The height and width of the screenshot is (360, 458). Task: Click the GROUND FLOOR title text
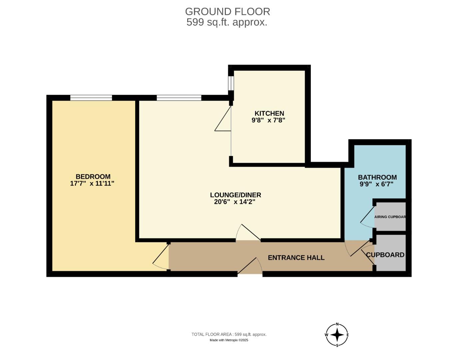228,12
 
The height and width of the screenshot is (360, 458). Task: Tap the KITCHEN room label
269,113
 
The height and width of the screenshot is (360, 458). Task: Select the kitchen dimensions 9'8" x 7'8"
268,120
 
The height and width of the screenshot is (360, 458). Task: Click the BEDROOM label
93,177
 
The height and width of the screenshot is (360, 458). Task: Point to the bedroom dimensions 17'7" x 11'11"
92,184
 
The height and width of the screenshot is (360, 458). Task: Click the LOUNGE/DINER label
235,195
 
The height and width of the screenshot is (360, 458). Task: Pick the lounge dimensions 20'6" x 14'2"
234,202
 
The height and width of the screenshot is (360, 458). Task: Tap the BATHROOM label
377,177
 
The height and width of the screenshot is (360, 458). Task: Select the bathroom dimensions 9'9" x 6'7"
376,184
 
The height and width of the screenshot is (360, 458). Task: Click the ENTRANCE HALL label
296,258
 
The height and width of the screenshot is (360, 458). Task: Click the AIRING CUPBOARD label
390,217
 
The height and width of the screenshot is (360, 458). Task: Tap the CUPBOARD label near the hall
385,255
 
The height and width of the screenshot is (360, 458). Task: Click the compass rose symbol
337,335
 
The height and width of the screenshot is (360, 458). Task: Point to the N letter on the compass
337,324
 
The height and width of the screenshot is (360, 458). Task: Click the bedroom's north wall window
91,98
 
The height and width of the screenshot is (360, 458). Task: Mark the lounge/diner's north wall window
179,98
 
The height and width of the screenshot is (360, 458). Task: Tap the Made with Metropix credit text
229,340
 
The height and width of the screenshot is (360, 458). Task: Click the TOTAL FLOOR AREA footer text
229,334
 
